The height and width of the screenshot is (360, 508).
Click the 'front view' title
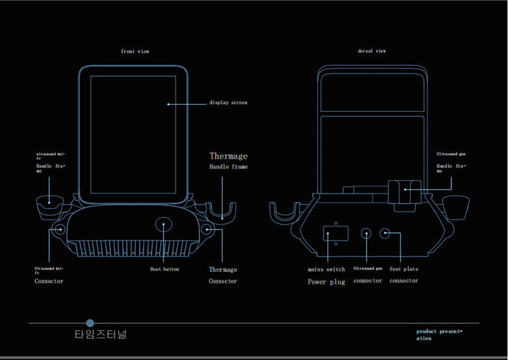pos(135,51)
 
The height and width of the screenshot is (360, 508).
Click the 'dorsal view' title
pos(372,51)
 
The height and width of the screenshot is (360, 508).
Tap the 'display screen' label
pos(228,103)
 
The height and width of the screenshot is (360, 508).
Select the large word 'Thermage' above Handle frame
pos(228,156)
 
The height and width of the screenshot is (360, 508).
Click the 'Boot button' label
pos(165,269)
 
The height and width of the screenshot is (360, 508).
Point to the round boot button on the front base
pos(163,225)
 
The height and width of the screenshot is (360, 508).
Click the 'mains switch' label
pos(326,269)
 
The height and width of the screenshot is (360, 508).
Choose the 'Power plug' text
pos(326,282)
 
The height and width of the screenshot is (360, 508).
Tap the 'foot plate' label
pos(404,269)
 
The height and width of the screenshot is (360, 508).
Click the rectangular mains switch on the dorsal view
pos(336,233)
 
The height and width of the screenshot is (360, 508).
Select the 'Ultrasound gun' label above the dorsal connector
pos(368,269)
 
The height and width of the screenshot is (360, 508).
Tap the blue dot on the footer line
pos(90,323)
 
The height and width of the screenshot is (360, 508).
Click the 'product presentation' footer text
pos(439,334)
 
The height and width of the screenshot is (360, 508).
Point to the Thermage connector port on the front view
pos(208,229)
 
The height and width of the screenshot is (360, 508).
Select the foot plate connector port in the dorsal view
pos(385,233)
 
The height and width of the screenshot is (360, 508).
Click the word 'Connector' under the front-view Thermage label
pos(222,282)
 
